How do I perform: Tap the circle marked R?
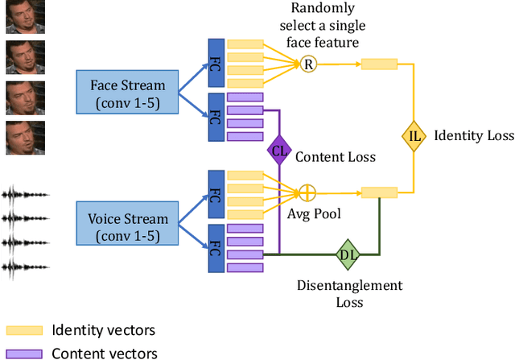click(x=307, y=64)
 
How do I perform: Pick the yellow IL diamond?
click(x=414, y=135)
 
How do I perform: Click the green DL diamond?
click(x=348, y=255)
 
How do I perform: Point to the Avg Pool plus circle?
click(x=307, y=193)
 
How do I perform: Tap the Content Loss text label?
click(x=336, y=156)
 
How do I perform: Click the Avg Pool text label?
click(x=314, y=215)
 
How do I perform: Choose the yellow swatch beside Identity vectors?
click(x=25, y=330)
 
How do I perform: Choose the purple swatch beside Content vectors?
click(x=25, y=353)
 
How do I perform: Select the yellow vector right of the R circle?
click(x=379, y=64)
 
